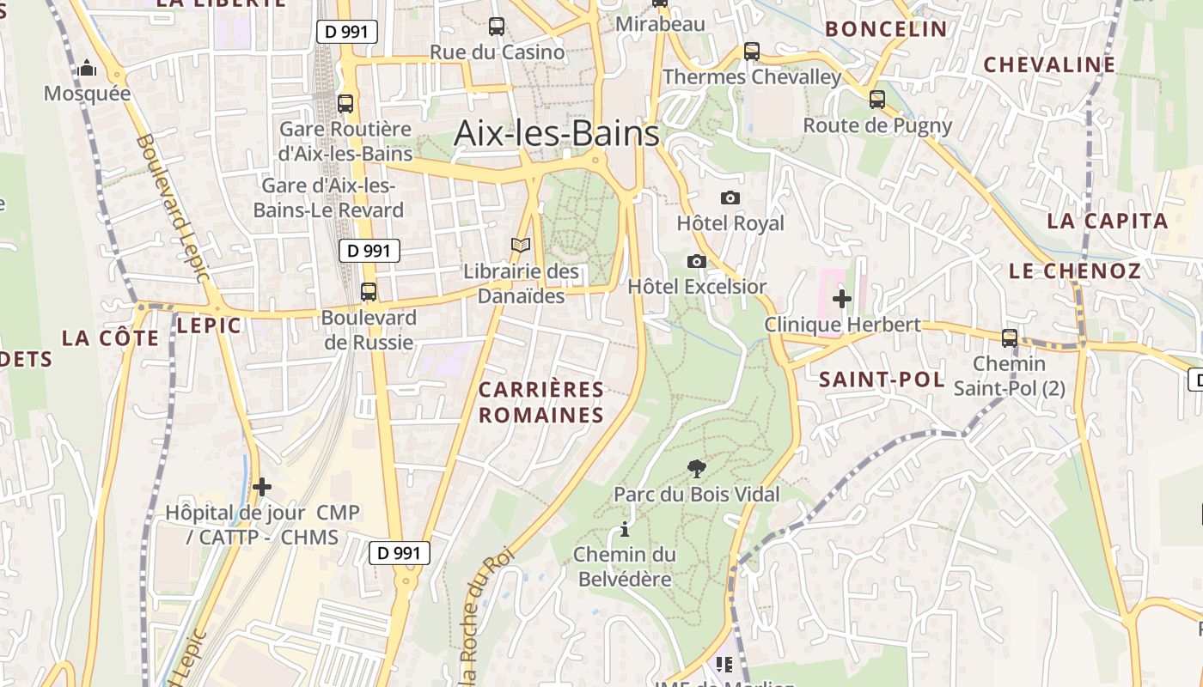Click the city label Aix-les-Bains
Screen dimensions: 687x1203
click(556, 133)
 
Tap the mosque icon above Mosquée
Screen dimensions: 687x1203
click(87, 69)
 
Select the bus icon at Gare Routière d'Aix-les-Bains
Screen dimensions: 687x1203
click(345, 104)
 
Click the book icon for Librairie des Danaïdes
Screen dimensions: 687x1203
click(521, 246)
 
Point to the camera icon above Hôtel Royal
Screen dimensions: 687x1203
click(730, 198)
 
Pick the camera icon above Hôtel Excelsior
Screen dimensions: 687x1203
click(697, 261)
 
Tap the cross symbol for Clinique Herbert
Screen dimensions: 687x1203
click(842, 299)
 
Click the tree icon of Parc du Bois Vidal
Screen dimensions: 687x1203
click(697, 469)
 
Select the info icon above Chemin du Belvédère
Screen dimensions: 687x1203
click(625, 529)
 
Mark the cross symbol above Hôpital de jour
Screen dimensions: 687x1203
click(262, 487)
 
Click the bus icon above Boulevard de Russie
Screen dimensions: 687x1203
click(369, 292)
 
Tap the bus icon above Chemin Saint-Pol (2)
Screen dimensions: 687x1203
click(1010, 338)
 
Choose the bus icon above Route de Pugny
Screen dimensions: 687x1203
click(877, 100)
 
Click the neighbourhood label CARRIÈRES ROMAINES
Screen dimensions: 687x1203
click(541, 402)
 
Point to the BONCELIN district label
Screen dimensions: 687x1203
click(886, 29)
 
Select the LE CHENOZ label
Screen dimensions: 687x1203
click(1074, 271)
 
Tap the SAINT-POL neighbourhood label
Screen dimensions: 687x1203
click(882, 380)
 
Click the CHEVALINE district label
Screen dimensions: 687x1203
click(1049, 64)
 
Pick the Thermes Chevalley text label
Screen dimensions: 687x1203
click(752, 77)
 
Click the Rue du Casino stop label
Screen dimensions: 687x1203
click(498, 52)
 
